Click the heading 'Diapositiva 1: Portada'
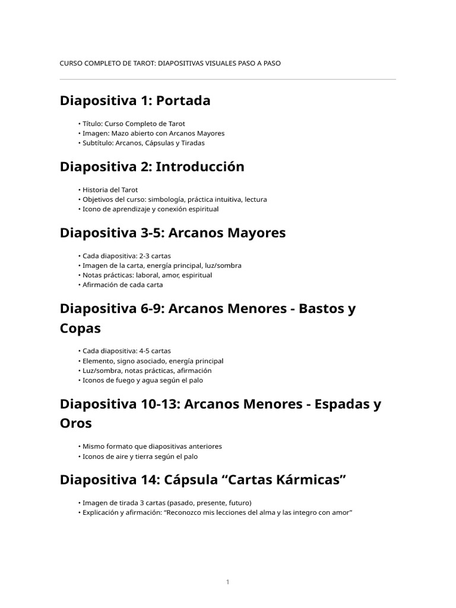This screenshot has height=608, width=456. click(x=135, y=101)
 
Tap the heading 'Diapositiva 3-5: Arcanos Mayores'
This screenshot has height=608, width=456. click(x=173, y=233)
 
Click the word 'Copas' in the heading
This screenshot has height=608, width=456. click(x=80, y=328)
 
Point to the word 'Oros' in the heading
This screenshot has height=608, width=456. click(x=76, y=423)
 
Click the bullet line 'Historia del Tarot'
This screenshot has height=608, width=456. click(x=108, y=190)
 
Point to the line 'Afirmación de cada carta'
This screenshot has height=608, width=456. click(x=122, y=285)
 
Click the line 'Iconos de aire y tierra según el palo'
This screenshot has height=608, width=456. click(x=140, y=457)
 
